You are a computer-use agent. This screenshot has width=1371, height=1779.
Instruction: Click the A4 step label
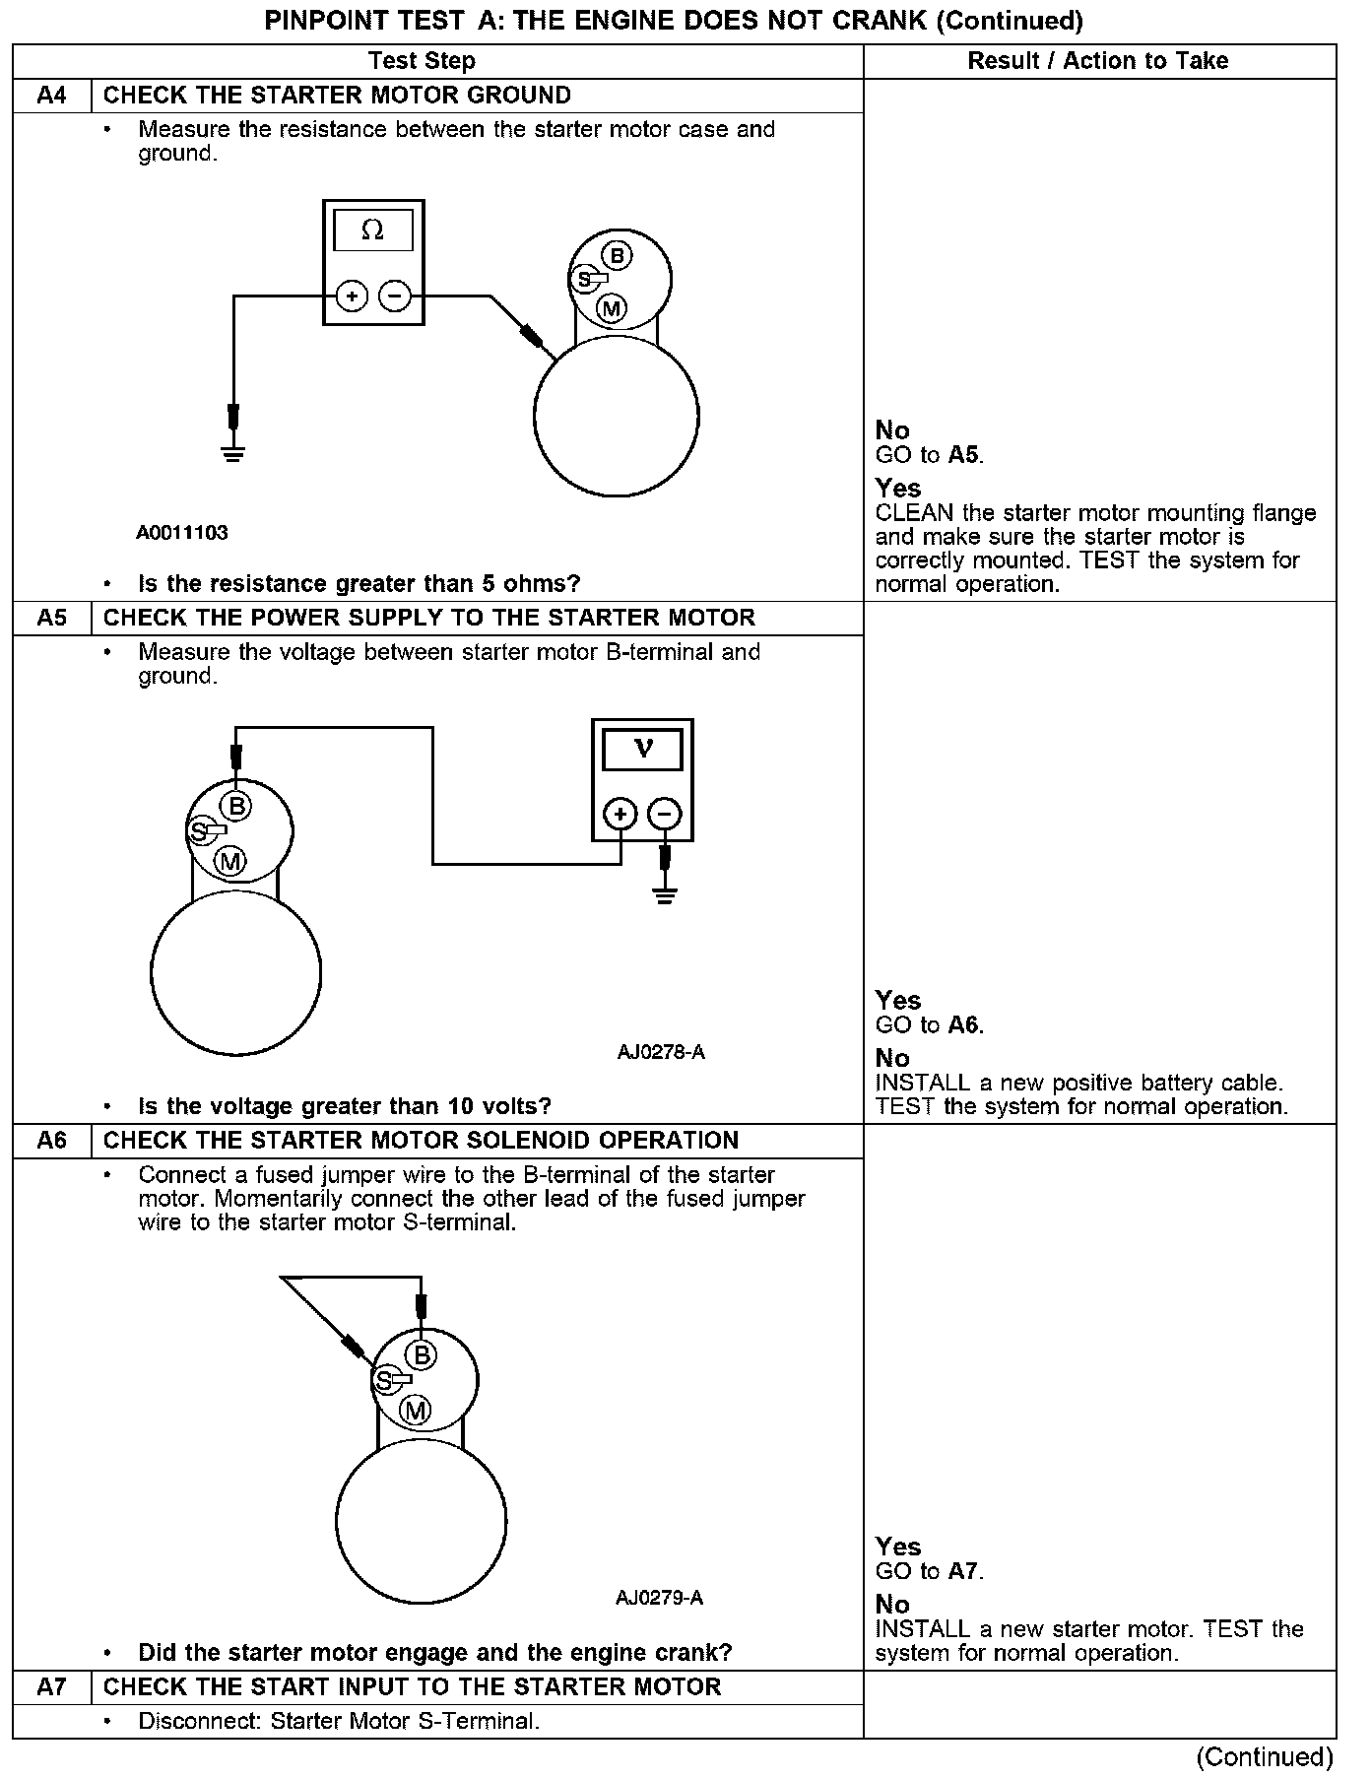click(x=51, y=96)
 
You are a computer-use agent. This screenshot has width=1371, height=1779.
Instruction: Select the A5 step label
click(x=51, y=618)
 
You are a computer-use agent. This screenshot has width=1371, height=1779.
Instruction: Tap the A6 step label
click(x=51, y=1141)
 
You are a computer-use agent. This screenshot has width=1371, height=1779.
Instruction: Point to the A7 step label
click(x=51, y=1687)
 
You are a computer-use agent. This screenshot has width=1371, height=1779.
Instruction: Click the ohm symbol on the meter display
click(x=372, y=231)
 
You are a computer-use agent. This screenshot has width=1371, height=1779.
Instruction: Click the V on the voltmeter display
click(x=643, y=749)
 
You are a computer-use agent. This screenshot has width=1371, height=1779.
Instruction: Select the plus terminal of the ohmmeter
click(x=352, y=296)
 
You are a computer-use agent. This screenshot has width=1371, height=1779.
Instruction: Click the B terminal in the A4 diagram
click(x=618, y=256)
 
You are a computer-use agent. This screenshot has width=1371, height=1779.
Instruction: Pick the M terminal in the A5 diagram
click(x=231, y=862)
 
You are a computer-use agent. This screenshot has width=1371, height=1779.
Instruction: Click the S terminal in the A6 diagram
click(x=385, y=1380)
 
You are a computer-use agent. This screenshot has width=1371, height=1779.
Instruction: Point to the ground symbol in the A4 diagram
click(x=233, y=454)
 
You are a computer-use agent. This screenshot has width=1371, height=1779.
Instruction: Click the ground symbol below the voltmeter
click(x=665, y=895)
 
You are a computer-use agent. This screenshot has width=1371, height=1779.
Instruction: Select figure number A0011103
click(x=182, y=533)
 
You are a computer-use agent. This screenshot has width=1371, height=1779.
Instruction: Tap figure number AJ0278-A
click(x=661, y=1052)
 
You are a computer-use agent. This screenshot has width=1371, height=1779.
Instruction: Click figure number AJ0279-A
click(x=659, y=1598)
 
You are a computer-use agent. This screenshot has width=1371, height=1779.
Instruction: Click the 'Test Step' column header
click(x=422, y=61)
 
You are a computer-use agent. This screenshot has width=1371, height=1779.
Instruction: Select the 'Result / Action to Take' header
click(x=1097, y=61)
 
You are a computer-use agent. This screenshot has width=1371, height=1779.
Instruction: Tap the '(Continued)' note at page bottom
click(x=1265, y=1757)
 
